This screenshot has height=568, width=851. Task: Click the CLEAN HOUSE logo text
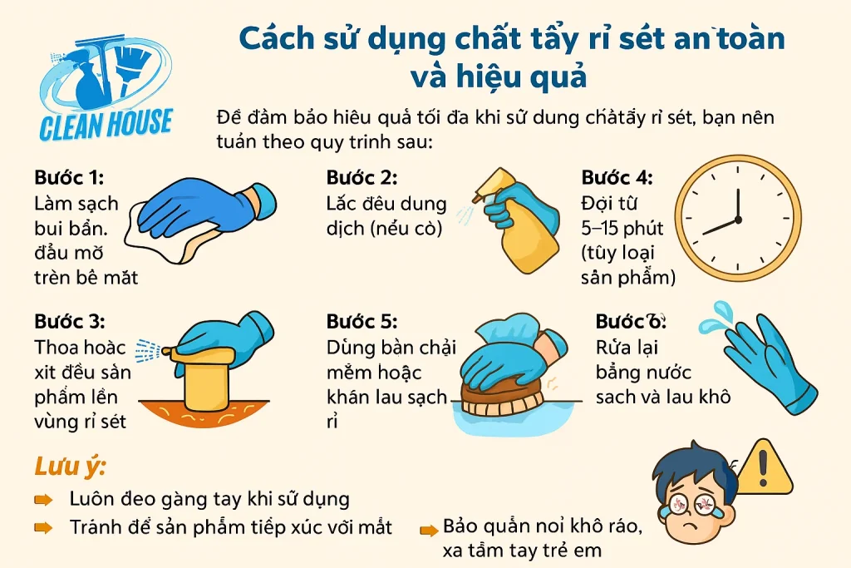tap(106, 124)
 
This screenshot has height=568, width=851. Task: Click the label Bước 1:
tap(69, 178)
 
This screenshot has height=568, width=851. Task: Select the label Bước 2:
tap(362, 178)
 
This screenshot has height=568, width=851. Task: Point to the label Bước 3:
tap(70, 322)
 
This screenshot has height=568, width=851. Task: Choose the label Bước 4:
tap(617, 178)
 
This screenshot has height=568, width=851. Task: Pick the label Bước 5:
tap(362, 322)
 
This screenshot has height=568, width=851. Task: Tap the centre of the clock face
tap(738, 220)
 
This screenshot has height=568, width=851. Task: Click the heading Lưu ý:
tap(70, 466)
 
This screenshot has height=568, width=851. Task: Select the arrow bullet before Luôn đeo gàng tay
tap(43, 499)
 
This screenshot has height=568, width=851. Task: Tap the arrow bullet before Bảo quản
tap(430, 530)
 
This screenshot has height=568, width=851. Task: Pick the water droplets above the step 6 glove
tap(717, 318)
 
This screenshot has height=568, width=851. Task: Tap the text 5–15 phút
tap(622, 228)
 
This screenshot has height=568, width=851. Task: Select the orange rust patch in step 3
tap(204, 412)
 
